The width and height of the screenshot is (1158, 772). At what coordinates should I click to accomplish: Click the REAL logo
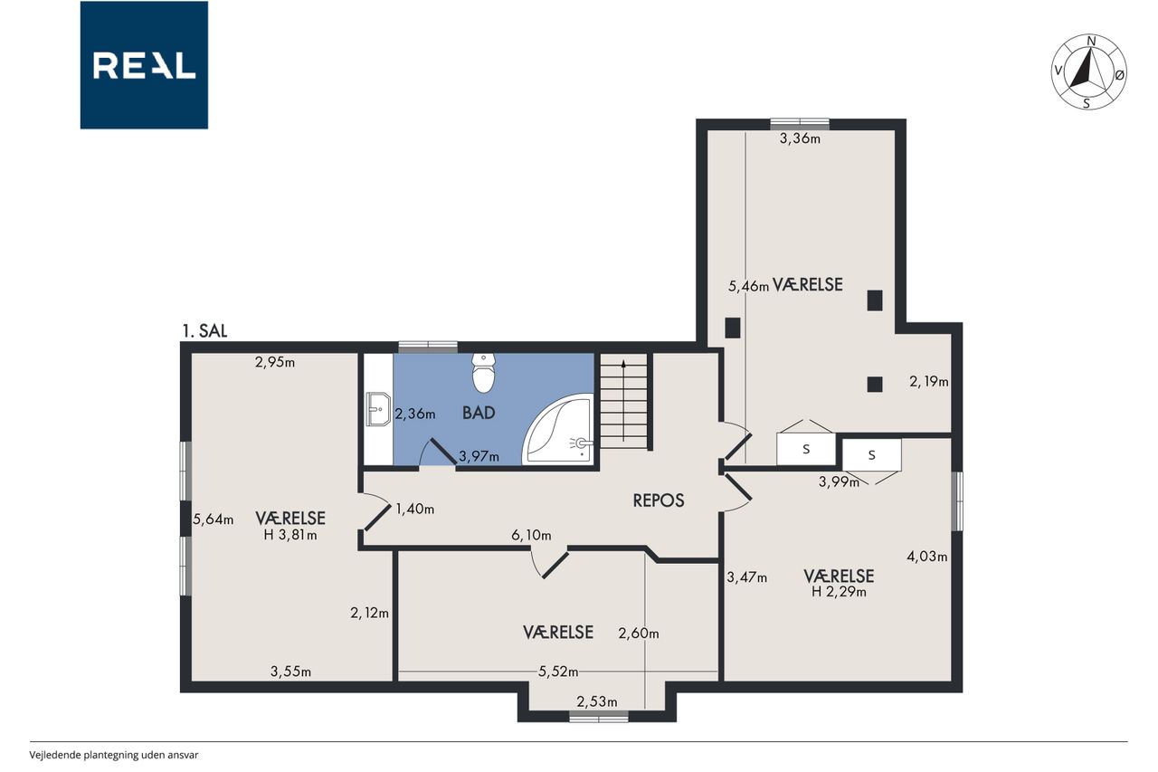144,65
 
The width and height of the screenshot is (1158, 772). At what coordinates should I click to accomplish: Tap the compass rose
1089,72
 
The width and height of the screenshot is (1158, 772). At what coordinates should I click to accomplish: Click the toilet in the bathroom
483,373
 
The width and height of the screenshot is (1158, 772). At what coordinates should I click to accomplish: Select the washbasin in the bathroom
378,409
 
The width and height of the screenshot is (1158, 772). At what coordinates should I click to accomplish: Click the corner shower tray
558,429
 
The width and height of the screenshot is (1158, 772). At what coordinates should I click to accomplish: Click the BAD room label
479,413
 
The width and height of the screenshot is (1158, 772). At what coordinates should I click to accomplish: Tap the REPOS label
659,500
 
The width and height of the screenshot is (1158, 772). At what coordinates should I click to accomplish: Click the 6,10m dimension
531,535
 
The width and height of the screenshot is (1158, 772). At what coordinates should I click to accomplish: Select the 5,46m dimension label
748,286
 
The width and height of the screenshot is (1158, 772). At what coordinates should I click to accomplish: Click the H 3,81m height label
290,535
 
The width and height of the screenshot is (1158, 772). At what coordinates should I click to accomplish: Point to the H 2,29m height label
839,592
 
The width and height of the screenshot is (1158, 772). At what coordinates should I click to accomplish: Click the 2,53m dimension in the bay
596,701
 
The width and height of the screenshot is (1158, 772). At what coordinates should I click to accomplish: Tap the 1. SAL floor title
204,331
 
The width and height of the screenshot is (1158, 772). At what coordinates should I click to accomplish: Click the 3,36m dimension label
800,138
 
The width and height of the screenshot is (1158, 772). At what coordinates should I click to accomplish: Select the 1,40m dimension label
414,510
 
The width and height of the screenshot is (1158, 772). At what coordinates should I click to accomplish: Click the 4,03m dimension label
927,557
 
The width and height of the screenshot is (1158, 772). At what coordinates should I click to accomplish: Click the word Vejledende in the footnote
55,755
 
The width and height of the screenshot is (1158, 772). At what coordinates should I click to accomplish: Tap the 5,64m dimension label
213,519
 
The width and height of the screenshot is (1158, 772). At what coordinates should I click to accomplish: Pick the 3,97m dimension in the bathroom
479,456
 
